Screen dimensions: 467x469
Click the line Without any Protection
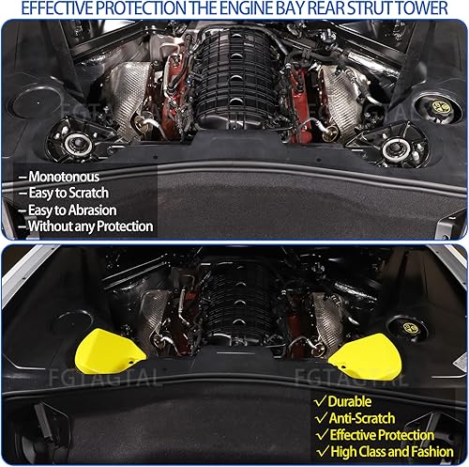tap(90, 226)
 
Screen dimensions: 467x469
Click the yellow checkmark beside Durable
tap(320, 400)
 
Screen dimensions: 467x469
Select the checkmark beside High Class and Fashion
tap(320, 452)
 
